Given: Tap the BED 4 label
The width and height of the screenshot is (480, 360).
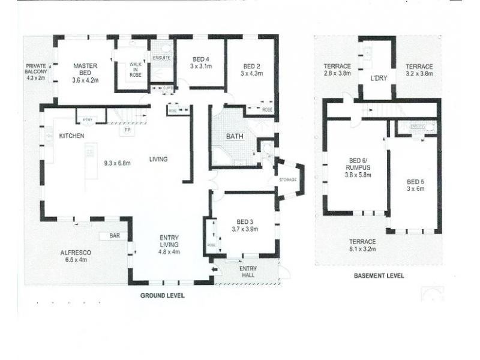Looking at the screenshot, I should (200, 59).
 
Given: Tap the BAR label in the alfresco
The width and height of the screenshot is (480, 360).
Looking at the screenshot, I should (114, 236).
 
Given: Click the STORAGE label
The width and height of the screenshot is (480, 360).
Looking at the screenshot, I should (287, 180).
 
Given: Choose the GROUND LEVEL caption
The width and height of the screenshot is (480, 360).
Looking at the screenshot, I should (162, 296).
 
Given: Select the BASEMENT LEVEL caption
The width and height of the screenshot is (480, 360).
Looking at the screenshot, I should (379, 276).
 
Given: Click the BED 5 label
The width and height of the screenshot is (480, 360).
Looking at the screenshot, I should (416, 182).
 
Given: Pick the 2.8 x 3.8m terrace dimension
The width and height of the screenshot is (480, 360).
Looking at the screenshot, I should (337, 74).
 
